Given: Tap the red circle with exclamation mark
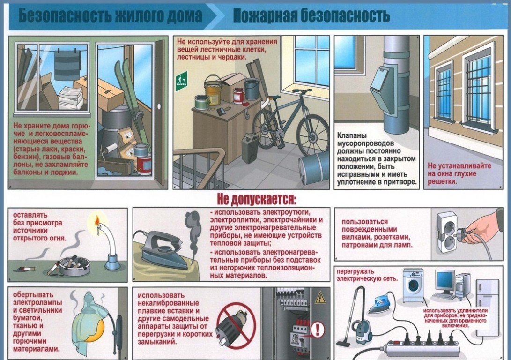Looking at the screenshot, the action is pos(317,330).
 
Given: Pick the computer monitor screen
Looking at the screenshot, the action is pos(445,281).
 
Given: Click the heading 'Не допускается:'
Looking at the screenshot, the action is pos(257,199).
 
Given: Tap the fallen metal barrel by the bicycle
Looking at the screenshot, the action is pos(313,168).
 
